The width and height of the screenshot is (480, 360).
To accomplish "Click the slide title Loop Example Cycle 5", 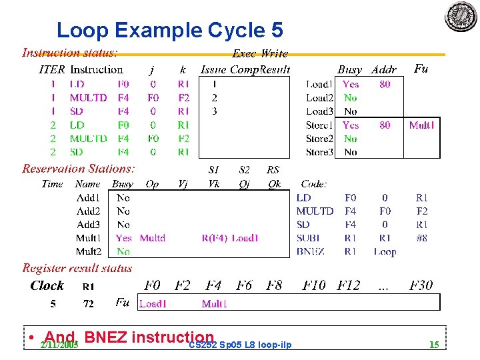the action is [169, 30].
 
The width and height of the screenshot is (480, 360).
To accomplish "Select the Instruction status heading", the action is [70, 52].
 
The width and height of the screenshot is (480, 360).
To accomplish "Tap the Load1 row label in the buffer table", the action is [319, 85].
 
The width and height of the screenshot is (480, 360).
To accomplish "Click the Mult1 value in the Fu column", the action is [421, 125].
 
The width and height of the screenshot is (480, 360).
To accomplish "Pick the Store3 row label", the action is [319, 152].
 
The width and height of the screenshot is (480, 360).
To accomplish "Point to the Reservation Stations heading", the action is [79, 169].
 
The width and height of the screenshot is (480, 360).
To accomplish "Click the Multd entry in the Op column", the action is [153, 238].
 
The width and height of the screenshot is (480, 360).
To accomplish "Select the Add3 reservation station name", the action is [88, 225].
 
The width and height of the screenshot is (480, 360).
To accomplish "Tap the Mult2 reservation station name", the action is [89, 252].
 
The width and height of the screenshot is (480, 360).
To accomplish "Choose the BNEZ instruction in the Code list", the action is [311, 252].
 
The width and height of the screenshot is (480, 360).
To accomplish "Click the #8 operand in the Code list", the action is [421, 238].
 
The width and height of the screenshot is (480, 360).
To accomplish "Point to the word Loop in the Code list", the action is [385, 252].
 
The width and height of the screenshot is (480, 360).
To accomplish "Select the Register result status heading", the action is [77, 268].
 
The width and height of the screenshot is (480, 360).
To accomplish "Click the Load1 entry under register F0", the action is [152, 304].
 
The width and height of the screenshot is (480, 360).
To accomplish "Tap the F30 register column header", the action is [421, 285].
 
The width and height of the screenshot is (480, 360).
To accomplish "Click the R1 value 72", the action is [88, 304].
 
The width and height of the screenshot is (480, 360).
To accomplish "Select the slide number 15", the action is [434, 345].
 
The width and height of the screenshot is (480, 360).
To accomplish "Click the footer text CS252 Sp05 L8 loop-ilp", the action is [240, 345].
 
